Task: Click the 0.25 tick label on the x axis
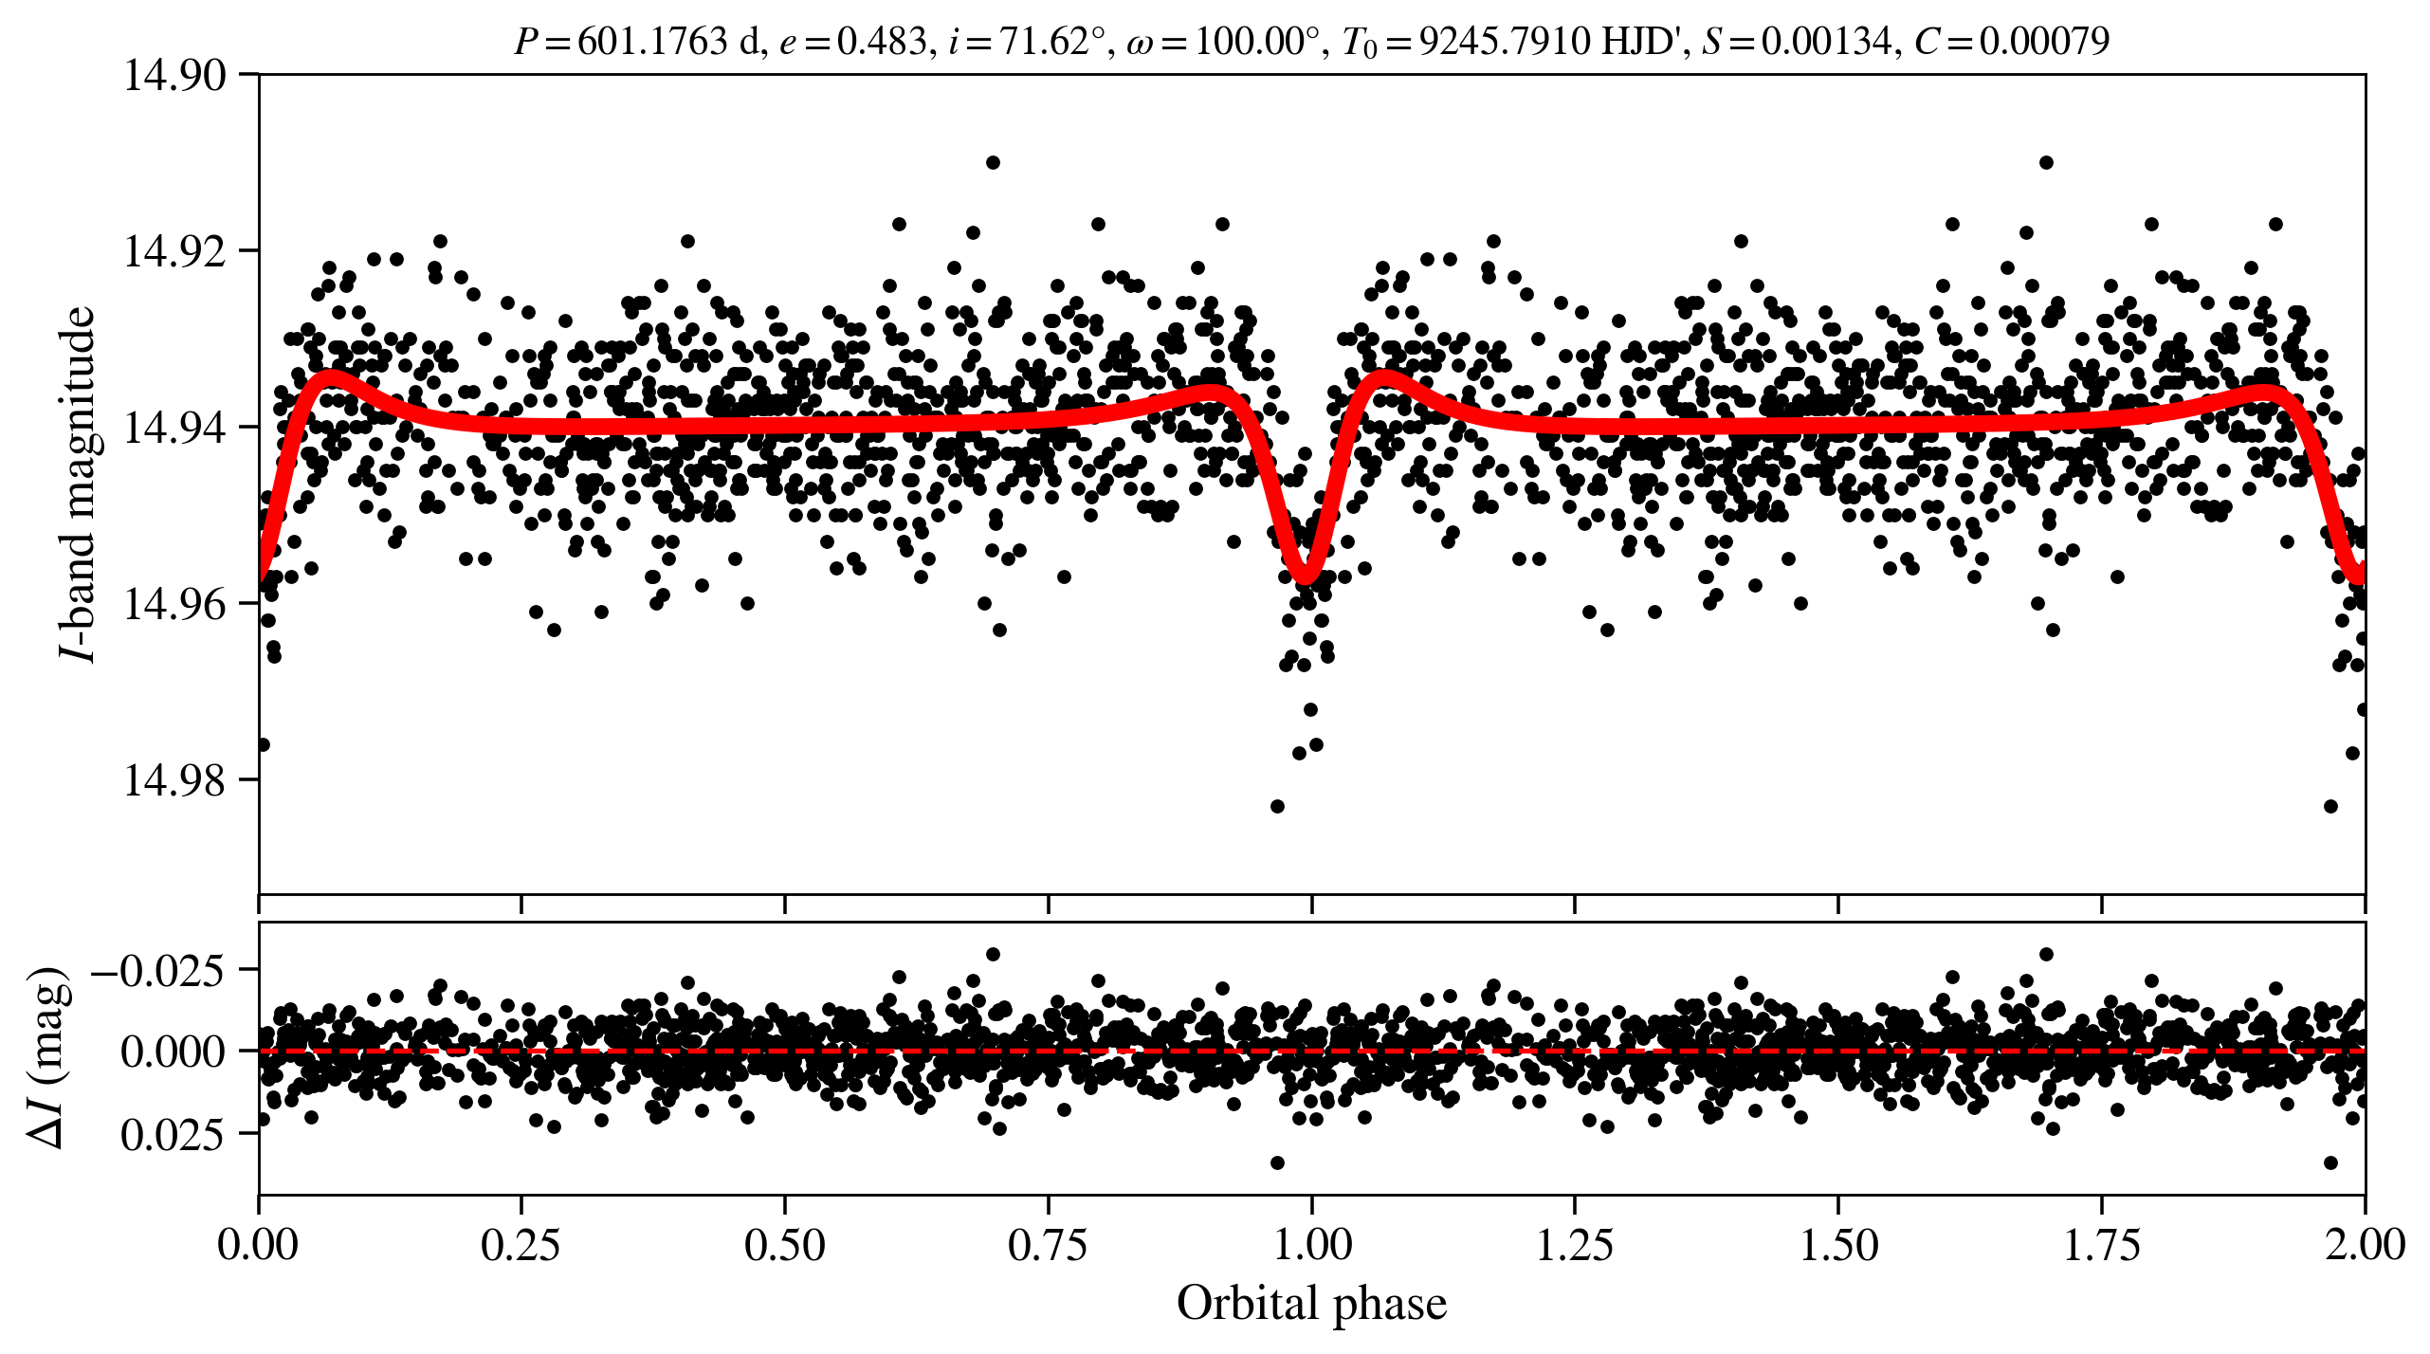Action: tap(521, 1244)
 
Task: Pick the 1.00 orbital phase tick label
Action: tap(1311, 1244)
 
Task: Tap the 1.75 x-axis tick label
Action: tap(2102, 1244)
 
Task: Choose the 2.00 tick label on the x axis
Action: tap(2365, 1244)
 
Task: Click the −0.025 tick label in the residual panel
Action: tap(157, 970)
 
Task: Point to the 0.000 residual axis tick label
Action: tap(173, 1052)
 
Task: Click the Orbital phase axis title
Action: tap(1311, 1304)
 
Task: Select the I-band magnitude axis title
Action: tap(78, 484)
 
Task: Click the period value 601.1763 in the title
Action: tap(651, 41)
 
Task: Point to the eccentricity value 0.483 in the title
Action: tap(882, 41)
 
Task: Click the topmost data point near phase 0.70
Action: tap(993, 162)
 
